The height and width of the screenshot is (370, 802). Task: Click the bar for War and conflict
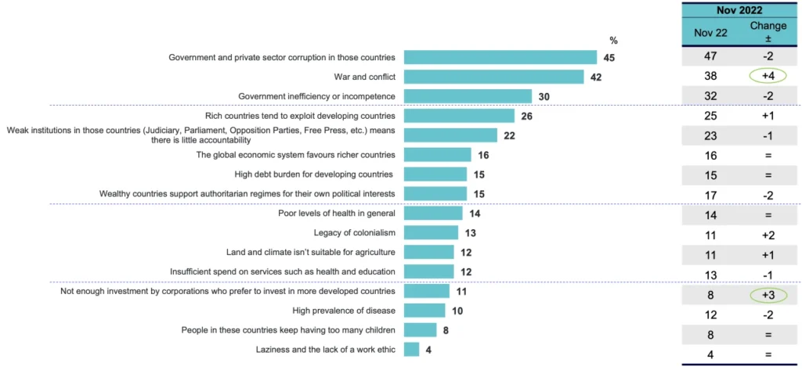(493, 77)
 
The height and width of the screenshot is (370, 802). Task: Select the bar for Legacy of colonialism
(431, 232)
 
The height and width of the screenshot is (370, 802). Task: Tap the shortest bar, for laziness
(412, 349)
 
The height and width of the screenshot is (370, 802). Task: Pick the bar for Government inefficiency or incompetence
(468, 96)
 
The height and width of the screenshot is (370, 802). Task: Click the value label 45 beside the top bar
(609, 57)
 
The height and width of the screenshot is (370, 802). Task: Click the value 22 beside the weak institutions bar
(510, 135)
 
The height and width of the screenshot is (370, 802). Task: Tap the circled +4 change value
(768, 77)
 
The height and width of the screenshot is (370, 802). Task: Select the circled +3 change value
(768, 295)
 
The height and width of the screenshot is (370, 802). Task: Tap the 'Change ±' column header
(768, 32)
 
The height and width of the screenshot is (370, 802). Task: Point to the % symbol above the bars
(613, 40)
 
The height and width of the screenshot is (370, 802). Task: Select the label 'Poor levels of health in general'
(336, 213)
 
